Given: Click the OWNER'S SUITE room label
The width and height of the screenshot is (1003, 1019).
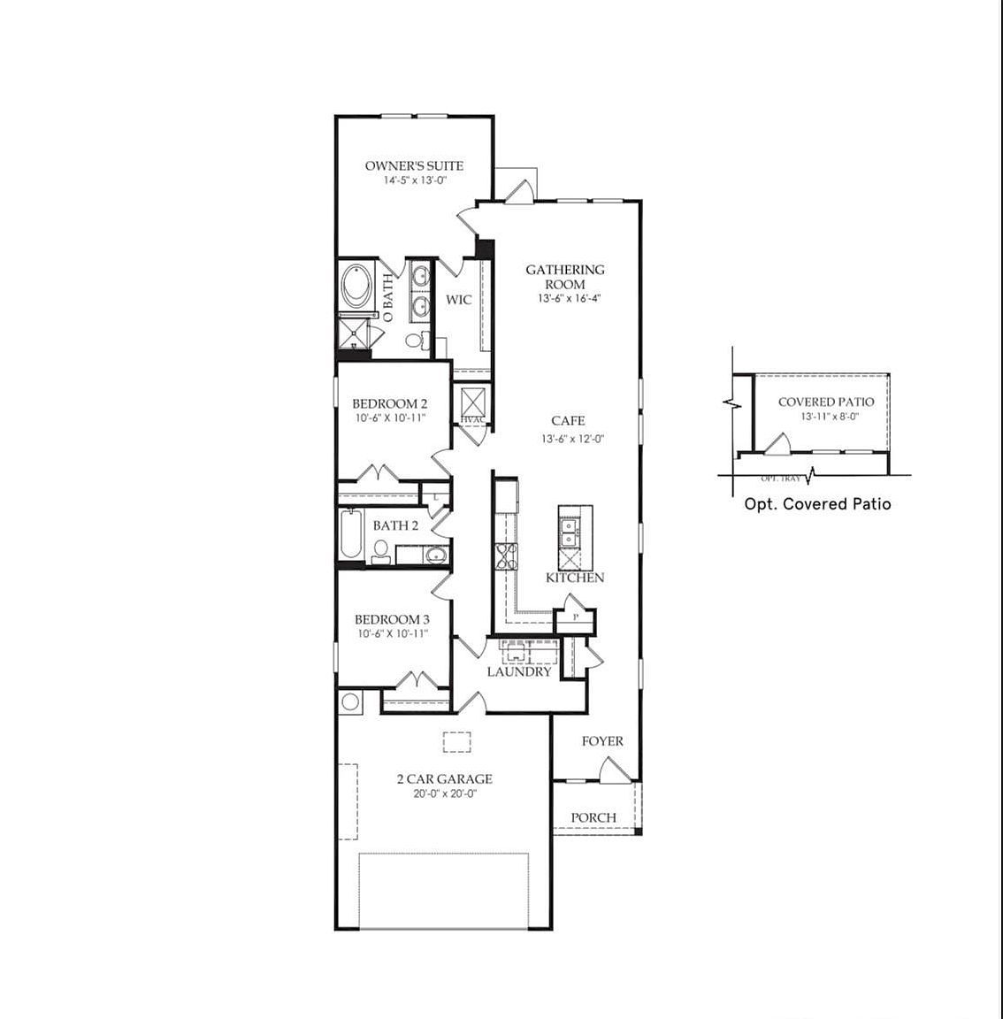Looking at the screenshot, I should point(414,165).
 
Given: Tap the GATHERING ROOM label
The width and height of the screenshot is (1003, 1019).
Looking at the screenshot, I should point(565,276).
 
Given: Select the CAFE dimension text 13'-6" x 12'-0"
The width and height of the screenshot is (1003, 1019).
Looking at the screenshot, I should point(566,439).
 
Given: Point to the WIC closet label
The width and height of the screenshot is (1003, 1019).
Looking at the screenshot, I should point(458,300).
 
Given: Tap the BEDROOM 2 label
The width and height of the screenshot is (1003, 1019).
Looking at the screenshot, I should point(390,403).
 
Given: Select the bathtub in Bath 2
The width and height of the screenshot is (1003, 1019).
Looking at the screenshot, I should point(351,536).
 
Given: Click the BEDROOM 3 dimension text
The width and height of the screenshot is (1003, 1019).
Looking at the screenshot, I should point(391,634).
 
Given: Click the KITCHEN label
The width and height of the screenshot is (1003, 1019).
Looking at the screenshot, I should point(575,578).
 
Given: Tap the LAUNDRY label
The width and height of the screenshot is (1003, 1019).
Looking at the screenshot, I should point(519,671).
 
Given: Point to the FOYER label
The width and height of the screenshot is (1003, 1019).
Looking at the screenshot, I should point(602,741).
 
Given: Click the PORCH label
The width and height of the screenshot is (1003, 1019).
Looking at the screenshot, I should point(593,817).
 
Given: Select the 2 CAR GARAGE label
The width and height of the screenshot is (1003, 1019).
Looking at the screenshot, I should point(444,779).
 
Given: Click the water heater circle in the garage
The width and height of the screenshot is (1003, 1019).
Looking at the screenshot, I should point(349,703).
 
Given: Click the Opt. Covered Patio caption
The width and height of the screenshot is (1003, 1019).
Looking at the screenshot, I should point(818,504).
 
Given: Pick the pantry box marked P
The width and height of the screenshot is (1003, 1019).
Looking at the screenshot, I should point(575,617).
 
